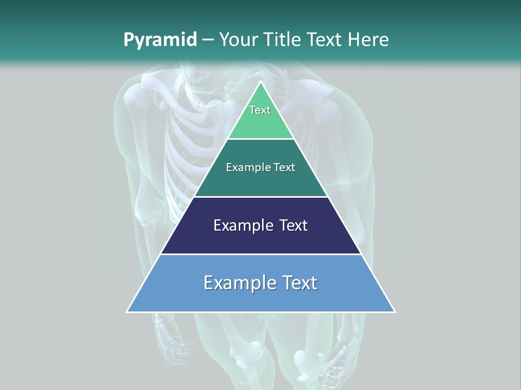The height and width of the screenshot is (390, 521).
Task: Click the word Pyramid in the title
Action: [x=160, y=40]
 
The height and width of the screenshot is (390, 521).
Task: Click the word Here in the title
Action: [x=368, y=40]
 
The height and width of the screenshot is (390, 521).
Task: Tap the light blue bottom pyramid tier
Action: [x=260, y=298]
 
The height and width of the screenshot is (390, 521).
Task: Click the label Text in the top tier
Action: [x=260, y=110]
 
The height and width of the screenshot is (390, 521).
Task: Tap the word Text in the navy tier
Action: [x=293, y=225]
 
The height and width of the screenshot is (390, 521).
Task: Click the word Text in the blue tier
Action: [x=299, y=283]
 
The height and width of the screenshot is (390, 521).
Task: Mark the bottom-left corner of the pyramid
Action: [x=128, y=311]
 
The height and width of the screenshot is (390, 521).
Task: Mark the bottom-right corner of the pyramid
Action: [x=394, y=311]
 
